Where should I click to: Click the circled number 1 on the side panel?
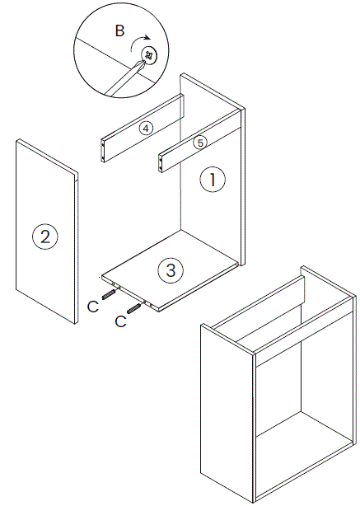[x=213, y=179]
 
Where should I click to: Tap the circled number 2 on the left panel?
[x=44, y=237]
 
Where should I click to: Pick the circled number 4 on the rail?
[x=145, y=129]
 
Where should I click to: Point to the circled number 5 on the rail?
[x=199, y=142]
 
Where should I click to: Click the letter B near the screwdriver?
[x=119, y=32]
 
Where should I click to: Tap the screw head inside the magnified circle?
[x=150, y=56]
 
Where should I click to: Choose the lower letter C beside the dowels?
[x=120, y=321]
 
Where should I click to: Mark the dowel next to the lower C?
[x=134, y=308]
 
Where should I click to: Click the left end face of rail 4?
[x=102, y=149]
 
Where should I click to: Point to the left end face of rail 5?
[x=160, y=162]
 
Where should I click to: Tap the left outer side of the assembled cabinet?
[x=225, y=411]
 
